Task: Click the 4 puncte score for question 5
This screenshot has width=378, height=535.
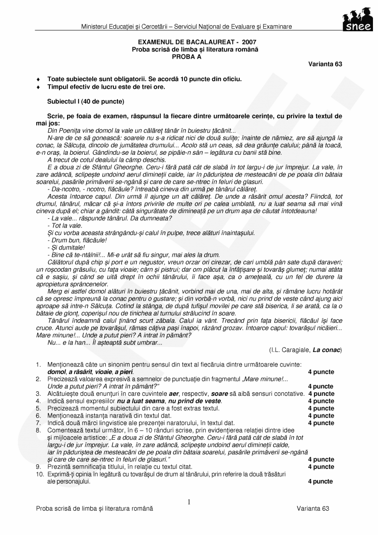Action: (x=321, y=408)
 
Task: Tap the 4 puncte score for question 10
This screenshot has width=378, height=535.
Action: (x=321, y=482)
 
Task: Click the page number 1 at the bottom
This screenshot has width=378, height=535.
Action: (x=189, y=502)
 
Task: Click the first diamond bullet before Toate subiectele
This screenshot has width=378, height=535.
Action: (x=38, y=80)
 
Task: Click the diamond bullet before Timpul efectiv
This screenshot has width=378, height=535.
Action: (x=38, y=87)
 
